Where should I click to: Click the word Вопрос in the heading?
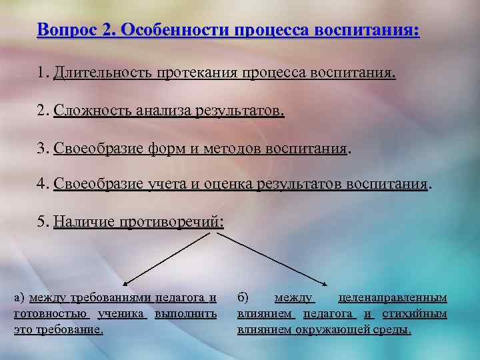[x=65, y=30]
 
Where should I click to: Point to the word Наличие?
[x=83, y=221]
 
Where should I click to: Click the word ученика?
[x=122, y=313]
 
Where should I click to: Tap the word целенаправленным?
[x=393, y=297]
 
